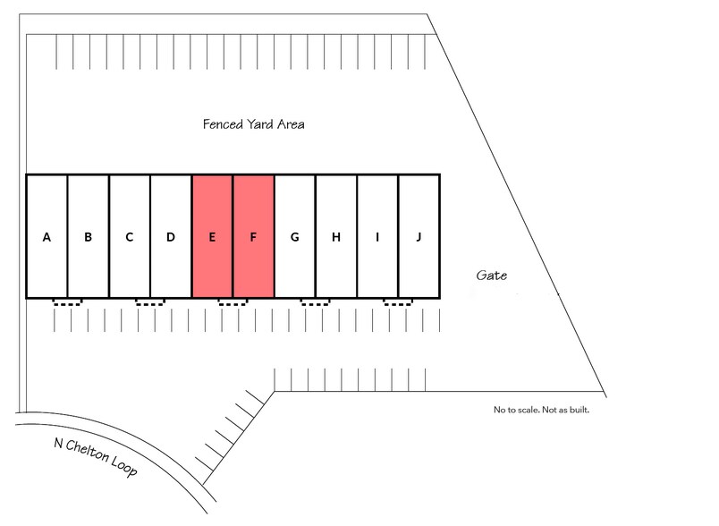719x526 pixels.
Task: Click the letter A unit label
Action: [x=47, y=237]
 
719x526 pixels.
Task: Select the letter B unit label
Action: [x=88, y=237]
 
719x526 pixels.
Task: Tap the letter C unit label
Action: [x=130, y=237]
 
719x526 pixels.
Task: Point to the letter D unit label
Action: [x=171, y=237]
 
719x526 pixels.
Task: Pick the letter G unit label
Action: [x=294, y=237]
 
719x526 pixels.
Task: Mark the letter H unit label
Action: [x=336, y=237]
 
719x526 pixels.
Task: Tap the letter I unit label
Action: [x=377, y=237]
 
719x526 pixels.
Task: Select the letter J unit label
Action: [x=418, y=237]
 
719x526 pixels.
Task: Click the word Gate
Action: [x=491, y=276]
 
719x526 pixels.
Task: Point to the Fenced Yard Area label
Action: [x=253, y=124]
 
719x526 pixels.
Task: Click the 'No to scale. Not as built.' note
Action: [x=541, y=411]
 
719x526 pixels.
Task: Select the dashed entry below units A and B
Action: [x=67, y=302]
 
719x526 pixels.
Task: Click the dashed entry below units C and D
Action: [x=150, y=302]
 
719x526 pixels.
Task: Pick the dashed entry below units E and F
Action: [x=233, y=302]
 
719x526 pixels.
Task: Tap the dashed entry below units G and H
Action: [x=315, y=302]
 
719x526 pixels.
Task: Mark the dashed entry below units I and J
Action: [x=398, y=302]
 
